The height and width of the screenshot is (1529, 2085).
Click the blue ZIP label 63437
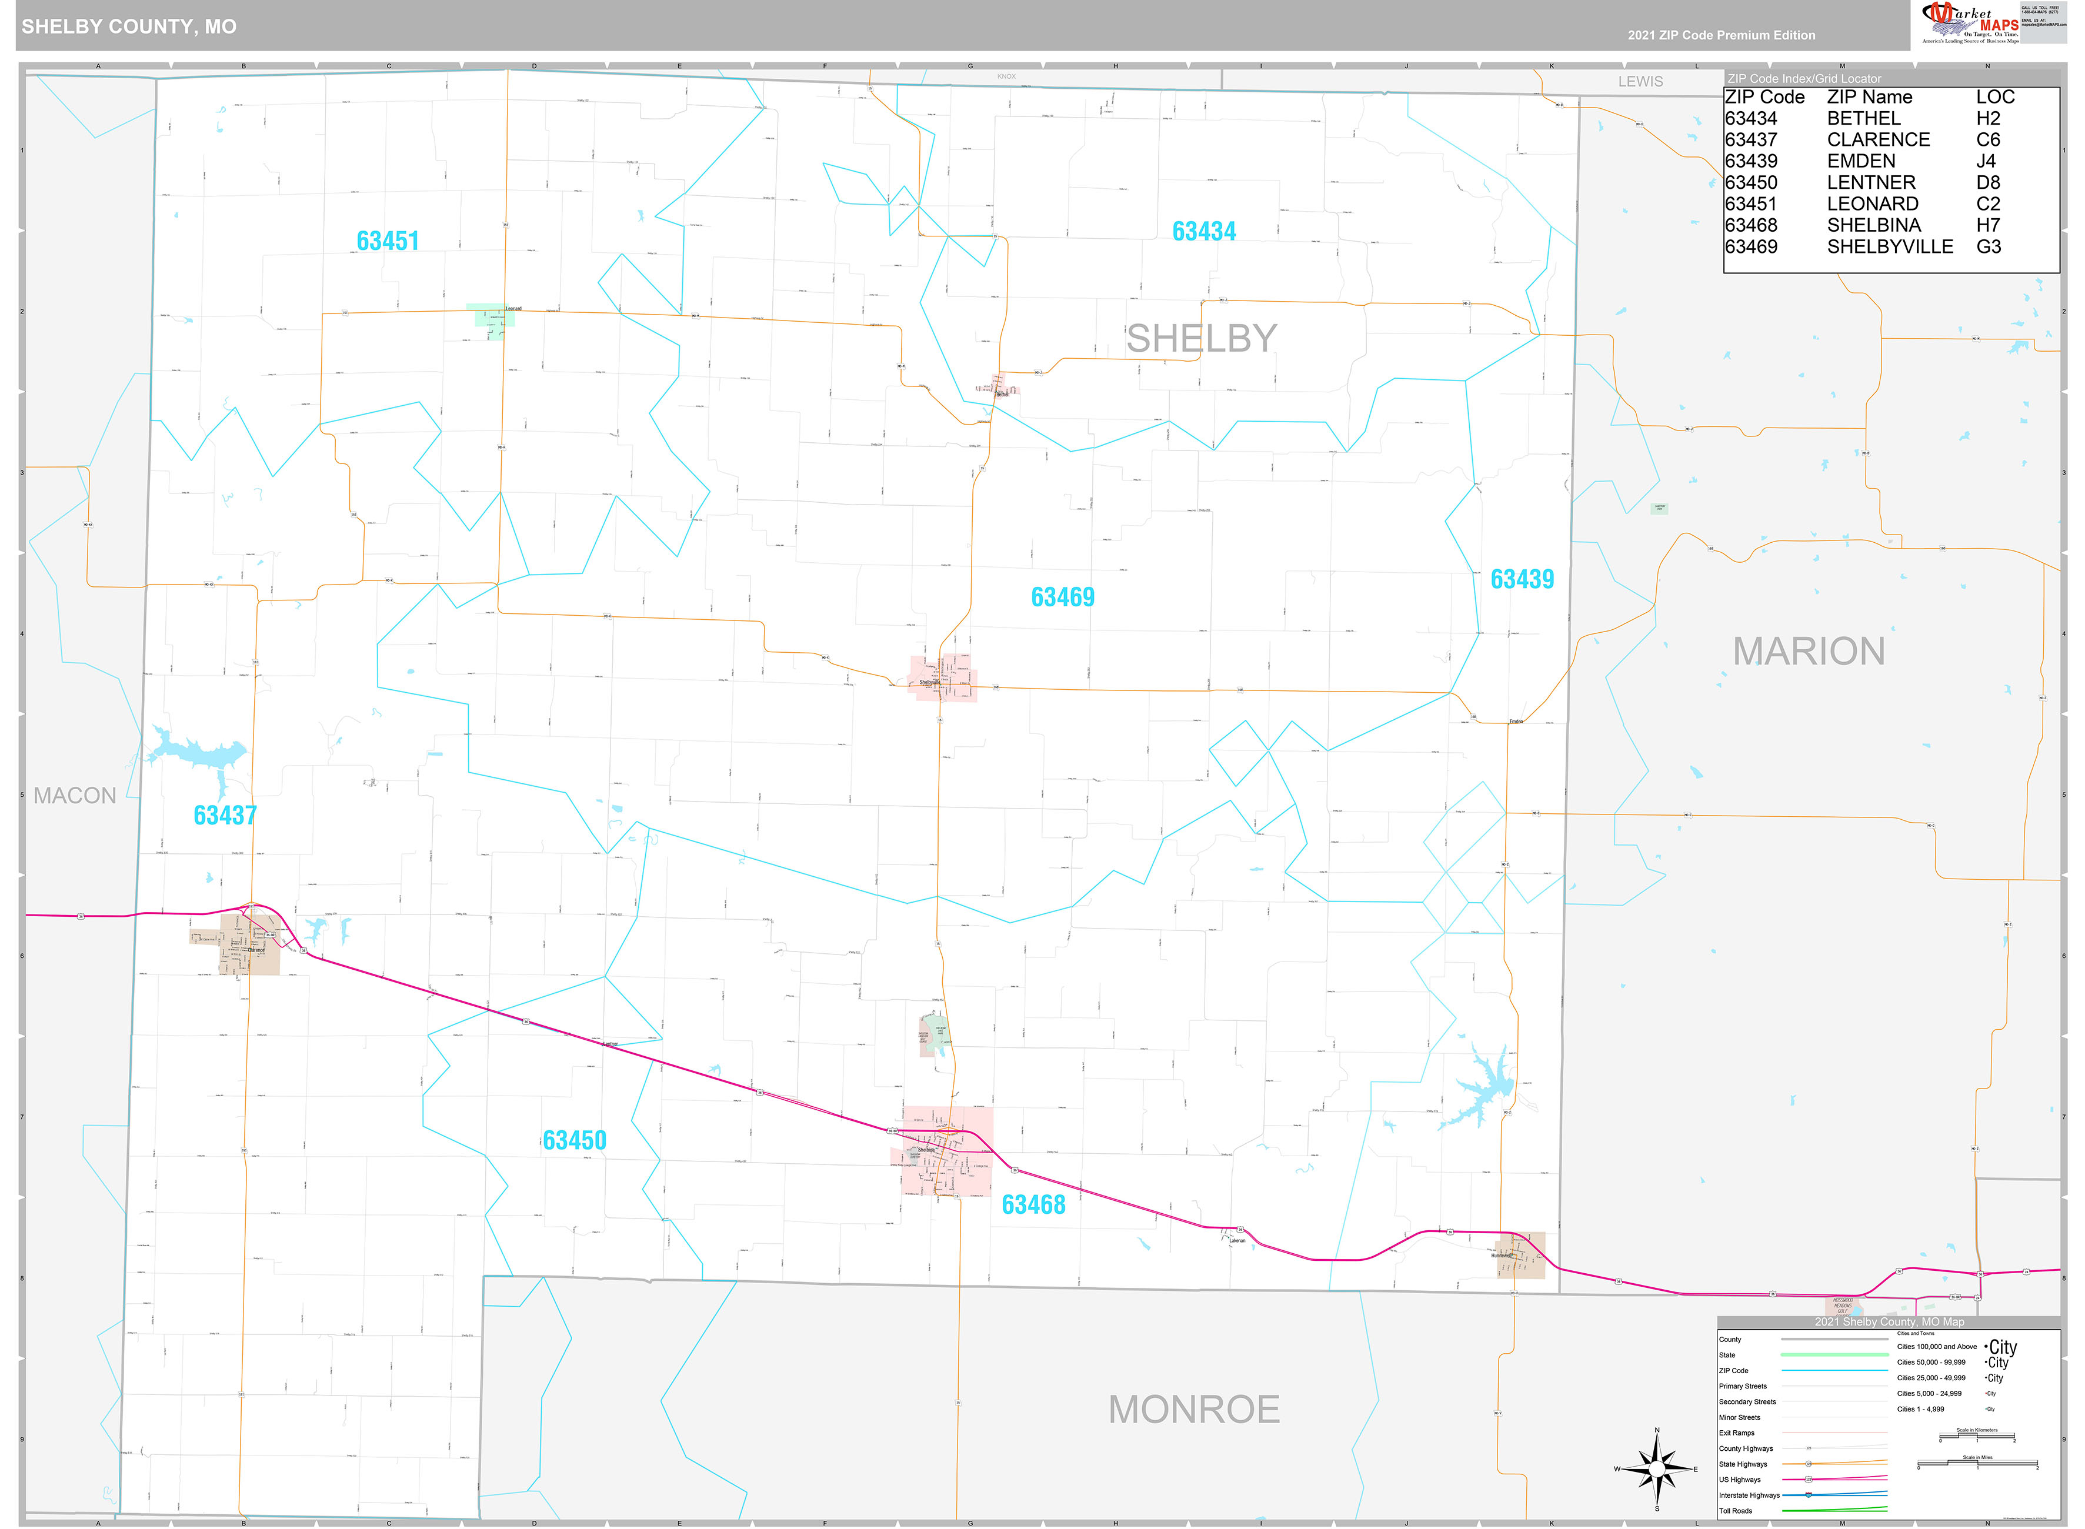225,816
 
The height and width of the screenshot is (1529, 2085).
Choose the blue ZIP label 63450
575,1140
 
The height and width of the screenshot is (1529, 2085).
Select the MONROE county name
1194,1410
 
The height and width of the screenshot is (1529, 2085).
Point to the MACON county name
75,796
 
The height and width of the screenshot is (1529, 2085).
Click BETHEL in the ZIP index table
1863,118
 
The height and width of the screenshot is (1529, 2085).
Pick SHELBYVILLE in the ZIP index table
1890,247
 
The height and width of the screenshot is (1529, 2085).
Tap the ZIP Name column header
1869,97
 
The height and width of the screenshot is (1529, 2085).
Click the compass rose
1656,1469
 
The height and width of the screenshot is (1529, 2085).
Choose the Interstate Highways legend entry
1749,1495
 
